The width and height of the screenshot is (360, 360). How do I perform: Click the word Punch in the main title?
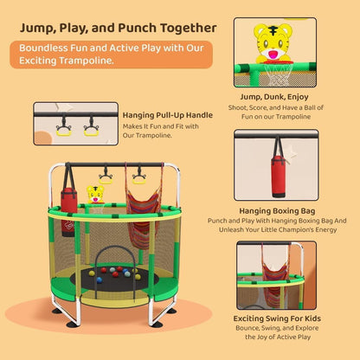coord(138,29)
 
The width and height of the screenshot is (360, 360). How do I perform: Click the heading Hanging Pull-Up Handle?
coord(168,115)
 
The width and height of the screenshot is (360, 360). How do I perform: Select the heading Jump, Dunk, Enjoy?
coord(274,97)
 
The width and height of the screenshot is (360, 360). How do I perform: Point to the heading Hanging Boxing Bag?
coord(277,211)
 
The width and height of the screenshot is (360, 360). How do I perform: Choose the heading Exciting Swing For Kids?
coord(277,318)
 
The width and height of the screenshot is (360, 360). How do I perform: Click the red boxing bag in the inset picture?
coord(279,177)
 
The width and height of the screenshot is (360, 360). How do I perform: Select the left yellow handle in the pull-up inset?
coord(64,130)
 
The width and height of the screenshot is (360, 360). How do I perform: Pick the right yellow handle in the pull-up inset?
coord(92,130)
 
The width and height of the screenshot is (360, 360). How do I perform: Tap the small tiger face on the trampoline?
coord(95,194)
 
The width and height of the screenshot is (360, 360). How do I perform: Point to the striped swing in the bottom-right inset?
coord(274,277)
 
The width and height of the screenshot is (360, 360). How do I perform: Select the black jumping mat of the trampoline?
coord(115,279)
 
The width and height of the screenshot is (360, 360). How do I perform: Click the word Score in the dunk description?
coord(258,108)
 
